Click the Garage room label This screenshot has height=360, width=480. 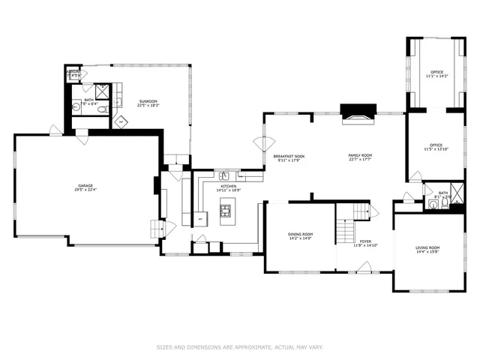(86, 187)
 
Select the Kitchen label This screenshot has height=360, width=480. (229, 188)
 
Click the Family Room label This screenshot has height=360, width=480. (360, 157)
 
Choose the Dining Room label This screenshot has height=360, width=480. (300, 236)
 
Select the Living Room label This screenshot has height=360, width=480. (427, 250)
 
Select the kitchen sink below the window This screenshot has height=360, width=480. (224, 176)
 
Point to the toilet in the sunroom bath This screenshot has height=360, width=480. (103, 109)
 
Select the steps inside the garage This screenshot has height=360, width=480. (157, 227)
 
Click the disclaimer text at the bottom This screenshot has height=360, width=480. (239, 347)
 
